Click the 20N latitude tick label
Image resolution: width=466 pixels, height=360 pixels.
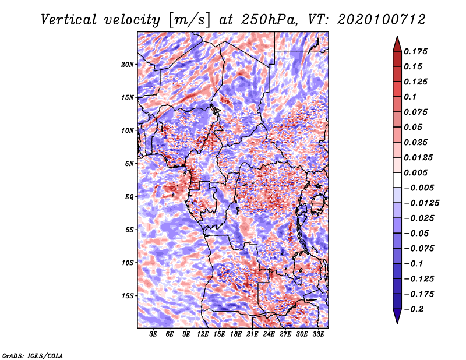[x=128, y=64]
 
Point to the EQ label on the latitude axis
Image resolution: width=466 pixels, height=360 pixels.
[x=129, y=197]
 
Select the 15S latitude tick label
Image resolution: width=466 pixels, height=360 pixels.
[x=128, y=295]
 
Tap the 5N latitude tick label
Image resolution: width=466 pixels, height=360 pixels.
[x=129, y=164]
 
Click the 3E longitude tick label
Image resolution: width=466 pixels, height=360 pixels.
[x=154, y=334]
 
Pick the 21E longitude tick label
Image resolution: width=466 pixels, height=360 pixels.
[x=252, y=334]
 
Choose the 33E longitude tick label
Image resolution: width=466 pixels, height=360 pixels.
[x=318, y=334]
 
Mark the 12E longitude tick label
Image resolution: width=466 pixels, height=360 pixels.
[x=203, y=334]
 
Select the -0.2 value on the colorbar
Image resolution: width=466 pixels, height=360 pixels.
[x=416, y=309]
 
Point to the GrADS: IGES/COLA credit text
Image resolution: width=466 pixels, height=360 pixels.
[x=32, y=355]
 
